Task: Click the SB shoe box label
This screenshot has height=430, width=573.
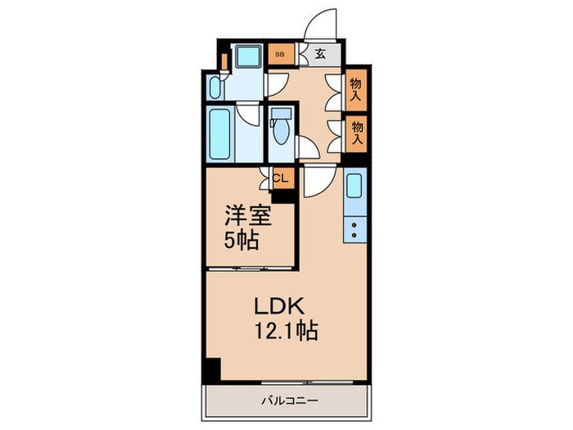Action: (280, 55)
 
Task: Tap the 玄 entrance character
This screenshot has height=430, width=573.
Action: (319, 55)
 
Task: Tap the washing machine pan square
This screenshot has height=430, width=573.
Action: (246, 56)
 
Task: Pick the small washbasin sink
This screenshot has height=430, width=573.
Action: (214, 88)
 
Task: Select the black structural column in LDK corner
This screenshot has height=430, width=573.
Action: (211, 369)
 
